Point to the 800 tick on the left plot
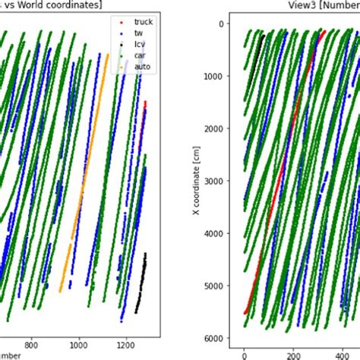pyautogui.click(x=32, y=343)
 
